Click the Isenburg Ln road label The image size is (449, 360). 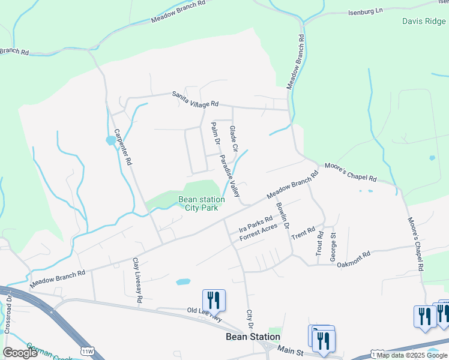[365, 11]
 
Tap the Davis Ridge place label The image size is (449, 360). [424, 21]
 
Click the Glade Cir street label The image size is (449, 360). [234, 139]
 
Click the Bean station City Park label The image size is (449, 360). [202, 203]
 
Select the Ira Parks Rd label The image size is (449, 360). [256, 224]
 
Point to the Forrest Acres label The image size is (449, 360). [258, 233]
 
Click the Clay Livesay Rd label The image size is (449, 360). [137, 280]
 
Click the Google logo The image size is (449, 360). [20, 353]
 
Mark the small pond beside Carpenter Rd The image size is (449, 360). [111, 140]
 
